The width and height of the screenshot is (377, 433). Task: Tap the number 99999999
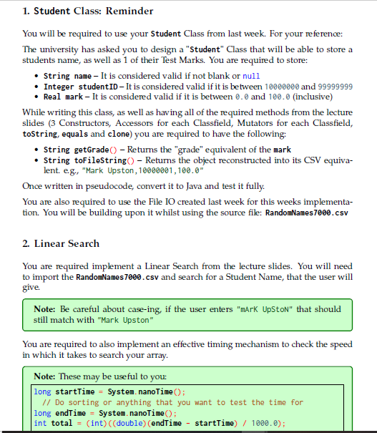tap(330, 87)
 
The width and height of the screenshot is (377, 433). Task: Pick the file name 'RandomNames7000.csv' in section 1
tap(308, 213)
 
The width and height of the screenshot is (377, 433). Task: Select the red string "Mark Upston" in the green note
tap(127, 319)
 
